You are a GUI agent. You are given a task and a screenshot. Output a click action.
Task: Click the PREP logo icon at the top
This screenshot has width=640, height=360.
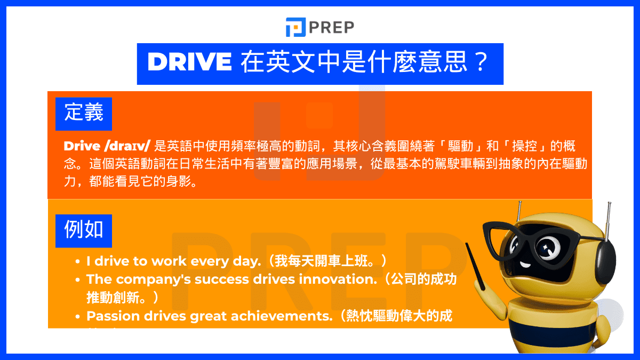[x=295, y=27]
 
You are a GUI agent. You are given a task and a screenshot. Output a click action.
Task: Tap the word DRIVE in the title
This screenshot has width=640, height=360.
[x=189, y=63]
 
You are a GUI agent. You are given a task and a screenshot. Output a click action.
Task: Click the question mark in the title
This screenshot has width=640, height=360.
[x=479, y=63]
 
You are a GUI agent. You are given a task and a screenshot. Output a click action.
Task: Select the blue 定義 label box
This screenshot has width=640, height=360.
[x=84, y=114]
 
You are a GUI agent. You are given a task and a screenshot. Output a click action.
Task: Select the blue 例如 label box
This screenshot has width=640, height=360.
[x=84, y=231]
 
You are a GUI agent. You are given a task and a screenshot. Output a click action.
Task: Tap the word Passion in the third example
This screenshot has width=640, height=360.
[x=111, y=316]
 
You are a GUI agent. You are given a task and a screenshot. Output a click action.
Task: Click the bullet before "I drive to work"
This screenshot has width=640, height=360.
[x=78, y=262]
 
